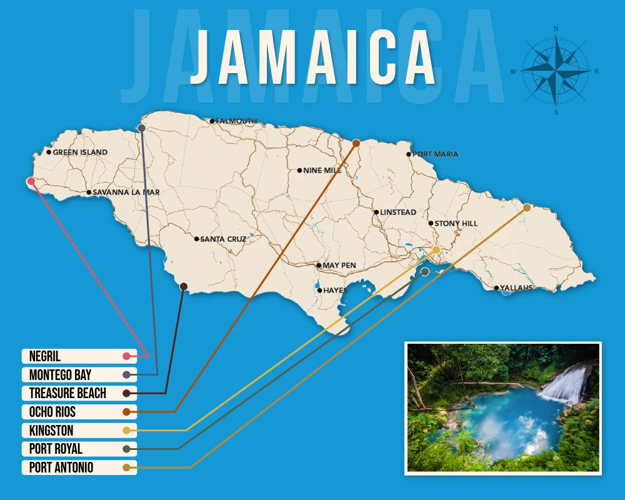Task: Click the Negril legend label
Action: tap(45, 356)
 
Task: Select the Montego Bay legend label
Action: tap(60, 375)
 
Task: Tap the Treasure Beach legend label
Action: tap(67, 393)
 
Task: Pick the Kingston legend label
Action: tap(51, 431)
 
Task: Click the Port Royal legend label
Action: tap(56, 449)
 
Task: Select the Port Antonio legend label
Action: tap(61, 467)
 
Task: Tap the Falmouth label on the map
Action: tap(236, 121)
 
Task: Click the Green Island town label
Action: tap(80, 152)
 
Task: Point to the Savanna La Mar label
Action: tap(126, 192)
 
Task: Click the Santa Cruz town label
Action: tap(223, 239)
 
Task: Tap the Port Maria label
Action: tap(435, 154)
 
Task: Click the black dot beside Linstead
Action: tap(376, 212)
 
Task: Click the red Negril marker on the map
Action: tap(31, 181)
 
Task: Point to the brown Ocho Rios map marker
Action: tap(356, 143)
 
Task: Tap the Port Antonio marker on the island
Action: tap(527, 207)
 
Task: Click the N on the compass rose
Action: tap(556, 28)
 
